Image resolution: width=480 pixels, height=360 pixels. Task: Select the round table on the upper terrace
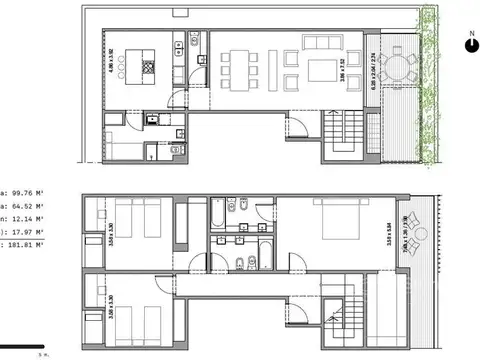coord(404,70)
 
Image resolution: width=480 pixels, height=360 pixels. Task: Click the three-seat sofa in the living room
coord(323,44)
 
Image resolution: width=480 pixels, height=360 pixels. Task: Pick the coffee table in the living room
coord(323,70)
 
